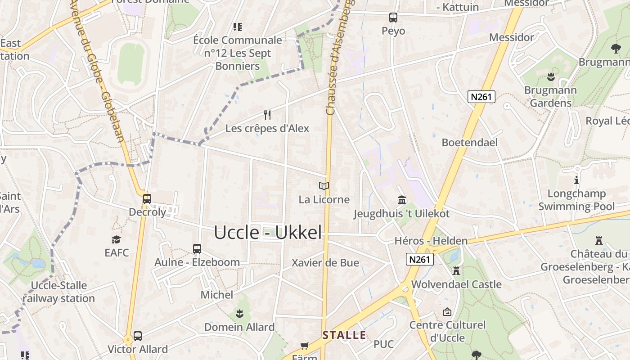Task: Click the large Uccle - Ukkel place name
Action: pos(268,233)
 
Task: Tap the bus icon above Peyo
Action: pos(393,18)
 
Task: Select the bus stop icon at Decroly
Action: pos(147,198)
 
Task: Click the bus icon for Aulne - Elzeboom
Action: pos(197,248)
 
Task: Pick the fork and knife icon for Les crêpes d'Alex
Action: pos(267,115)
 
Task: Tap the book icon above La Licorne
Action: pos(324,186)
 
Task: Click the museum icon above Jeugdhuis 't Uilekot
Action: pos(401,200)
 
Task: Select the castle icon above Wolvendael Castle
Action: pos(456,271)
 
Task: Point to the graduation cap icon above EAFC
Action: pos(117,239)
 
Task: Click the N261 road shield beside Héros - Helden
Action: pos(419,259)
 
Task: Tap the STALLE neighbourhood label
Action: pos(344,335)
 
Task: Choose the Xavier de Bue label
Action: pos(325,263)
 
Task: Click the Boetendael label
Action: pos(469,143)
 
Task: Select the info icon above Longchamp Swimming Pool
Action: pos(576,180)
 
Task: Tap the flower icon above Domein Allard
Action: pos(239,313)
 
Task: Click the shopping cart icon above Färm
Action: pos(305,346)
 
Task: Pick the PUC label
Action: pos(383,344)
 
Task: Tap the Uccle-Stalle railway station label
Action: pos(58,292)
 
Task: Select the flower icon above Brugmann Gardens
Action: pos(550,76)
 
